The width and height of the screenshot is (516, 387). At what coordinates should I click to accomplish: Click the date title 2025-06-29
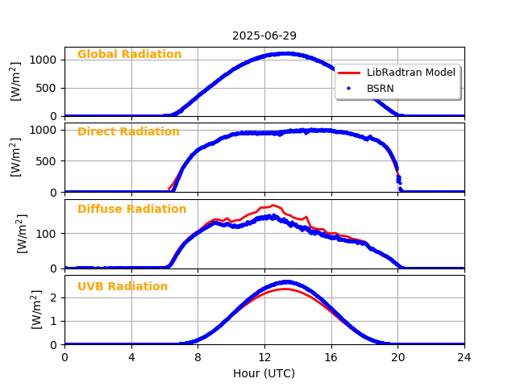[264, 35]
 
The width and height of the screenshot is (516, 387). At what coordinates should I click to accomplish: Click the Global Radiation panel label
[129, 55]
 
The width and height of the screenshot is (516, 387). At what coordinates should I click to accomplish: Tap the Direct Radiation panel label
[128, 132]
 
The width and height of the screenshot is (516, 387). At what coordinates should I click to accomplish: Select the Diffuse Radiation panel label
[131, 210]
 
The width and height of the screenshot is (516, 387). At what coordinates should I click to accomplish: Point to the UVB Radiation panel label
[123, 287]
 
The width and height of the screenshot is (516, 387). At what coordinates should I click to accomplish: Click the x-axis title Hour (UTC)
[264, 373]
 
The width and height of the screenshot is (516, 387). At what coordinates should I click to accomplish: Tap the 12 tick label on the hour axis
[264, 357]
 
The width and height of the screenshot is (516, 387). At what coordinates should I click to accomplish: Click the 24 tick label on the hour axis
[464, 357]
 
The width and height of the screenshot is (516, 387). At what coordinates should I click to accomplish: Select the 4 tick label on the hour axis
[131, 357]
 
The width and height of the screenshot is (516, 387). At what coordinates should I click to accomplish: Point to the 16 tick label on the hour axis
[331, 357]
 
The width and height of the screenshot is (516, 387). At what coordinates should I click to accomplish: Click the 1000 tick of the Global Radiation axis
[44, 60]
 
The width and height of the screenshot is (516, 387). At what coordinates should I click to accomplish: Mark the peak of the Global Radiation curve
[286, 53]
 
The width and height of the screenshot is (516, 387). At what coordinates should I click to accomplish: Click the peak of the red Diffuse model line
[273, 205]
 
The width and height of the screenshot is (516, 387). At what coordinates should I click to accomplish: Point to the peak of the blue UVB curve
[286, 282]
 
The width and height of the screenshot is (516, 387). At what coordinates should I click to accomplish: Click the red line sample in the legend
[350, 73]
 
